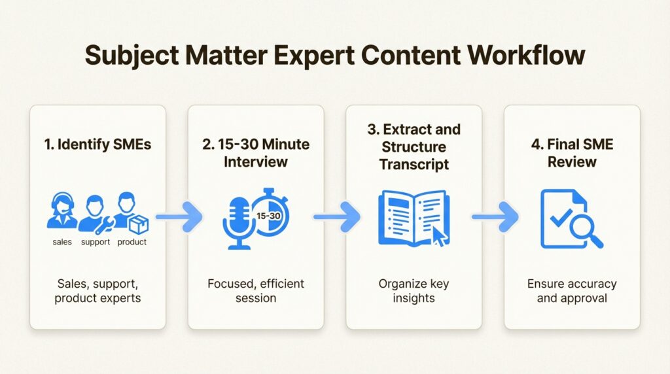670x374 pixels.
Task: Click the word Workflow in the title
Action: (525, 55)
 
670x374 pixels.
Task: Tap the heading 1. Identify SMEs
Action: (97, 144)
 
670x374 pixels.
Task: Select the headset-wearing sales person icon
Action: (62, 210)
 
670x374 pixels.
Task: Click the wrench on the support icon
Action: (104, 226)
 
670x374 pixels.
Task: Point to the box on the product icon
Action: (139, 224)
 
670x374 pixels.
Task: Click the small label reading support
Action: (96, 242)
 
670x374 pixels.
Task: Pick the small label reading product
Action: (132, 242)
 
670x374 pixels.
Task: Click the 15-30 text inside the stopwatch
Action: (268, 216)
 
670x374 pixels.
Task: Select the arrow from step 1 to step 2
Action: (179, 217)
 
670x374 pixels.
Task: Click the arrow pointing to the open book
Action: (337, 217)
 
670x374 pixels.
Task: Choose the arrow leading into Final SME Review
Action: (495, 217)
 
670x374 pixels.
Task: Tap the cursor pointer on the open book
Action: (440, 236)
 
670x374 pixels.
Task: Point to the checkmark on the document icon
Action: (561, 217)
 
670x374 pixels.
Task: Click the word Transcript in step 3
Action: (414, 164)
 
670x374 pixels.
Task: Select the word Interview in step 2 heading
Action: (256, 161)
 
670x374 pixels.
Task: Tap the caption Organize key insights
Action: (414, 291)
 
